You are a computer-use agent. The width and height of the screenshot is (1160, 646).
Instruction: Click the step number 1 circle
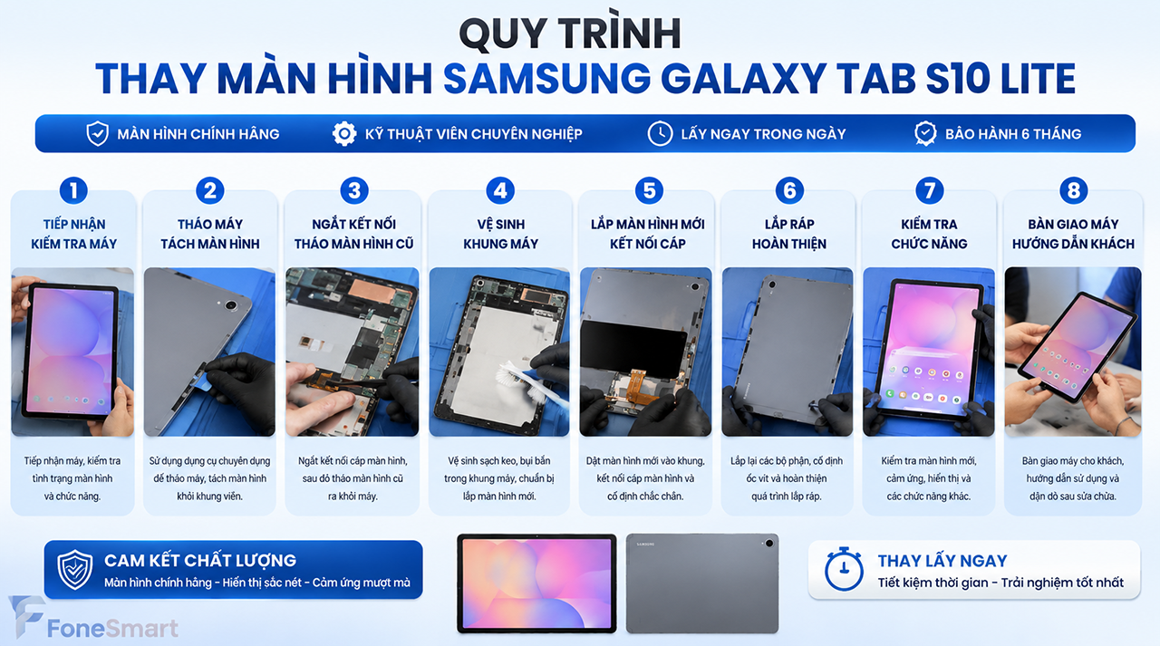pos(73,190)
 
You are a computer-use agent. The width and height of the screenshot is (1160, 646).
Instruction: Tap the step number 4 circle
pos(500,190)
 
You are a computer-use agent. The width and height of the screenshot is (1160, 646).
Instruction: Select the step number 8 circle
pos(1074,190)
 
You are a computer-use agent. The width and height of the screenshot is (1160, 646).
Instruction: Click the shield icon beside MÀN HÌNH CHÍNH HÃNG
pos(97,133)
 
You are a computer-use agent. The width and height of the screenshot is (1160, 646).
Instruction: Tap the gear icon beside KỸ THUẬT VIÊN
pos(344,133)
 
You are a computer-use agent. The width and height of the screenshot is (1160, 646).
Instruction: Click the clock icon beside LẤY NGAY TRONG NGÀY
pos(661,133)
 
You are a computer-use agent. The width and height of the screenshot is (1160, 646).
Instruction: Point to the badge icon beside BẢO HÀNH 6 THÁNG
pos(925,133)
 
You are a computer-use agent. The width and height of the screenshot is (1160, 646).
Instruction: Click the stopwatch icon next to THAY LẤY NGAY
pos(844,569)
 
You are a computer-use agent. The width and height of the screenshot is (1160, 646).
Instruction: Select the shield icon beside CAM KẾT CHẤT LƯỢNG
pos(75,569)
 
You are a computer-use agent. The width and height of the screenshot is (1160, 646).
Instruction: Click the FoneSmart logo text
pos(112,629)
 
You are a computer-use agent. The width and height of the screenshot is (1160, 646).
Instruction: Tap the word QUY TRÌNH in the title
pos(570,34)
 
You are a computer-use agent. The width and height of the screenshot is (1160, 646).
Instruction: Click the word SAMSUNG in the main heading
pos(546,79)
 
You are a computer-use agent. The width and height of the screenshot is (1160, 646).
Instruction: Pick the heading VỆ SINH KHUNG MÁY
pos(500,234)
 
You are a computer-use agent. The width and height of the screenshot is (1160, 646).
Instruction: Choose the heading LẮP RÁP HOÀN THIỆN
pos(789,234)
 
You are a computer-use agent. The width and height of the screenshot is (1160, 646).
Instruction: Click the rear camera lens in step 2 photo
pos(231,305)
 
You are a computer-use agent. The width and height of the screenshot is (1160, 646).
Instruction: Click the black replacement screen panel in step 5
pos(633,348)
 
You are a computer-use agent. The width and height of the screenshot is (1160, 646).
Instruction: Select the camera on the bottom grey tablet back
pos(768,543)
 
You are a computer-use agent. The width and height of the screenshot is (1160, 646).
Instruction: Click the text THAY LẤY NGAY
pos(942,561)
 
